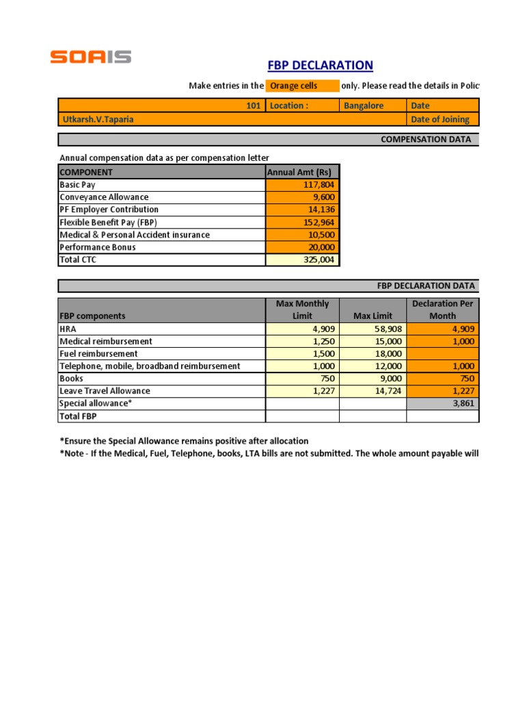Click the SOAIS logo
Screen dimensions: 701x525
pyautogui.click(x=90, y=57)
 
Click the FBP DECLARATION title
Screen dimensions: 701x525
pyautogui.click(x=320, y=66)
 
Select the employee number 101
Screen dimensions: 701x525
pyautogui.click(x=253, y=105)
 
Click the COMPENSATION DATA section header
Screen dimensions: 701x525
pyautogui.click(x=425, y=139)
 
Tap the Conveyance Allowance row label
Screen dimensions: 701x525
pyautogui.click(x=104, y=197)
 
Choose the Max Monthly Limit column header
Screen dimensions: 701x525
pyautogui.click(x=302, y=309)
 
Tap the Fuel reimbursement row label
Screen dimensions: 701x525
pyautogui.click(x=98, y=353)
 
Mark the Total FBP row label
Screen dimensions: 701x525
pyautogui.click(x=79, y=416)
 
